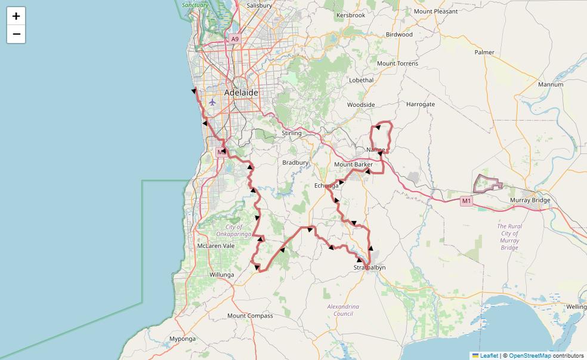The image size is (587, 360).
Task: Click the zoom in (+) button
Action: [16, 16]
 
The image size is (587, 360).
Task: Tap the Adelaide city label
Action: [242, 93]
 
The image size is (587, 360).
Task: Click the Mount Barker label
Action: [353, 164]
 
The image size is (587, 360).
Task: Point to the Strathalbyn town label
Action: [369, 267]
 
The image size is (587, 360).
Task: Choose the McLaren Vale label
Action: [216, 246]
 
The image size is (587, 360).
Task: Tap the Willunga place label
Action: [221, 275]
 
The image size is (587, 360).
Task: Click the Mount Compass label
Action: [250, 316]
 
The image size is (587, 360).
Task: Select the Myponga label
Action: [183, 339]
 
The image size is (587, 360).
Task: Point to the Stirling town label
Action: [292, 133]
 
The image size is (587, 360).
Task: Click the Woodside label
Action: [361, 104]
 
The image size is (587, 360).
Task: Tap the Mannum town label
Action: [550, 85]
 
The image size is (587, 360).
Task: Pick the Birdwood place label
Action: [399, 35]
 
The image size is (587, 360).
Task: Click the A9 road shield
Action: [234, 39]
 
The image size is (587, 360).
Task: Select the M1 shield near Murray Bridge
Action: [466, 201]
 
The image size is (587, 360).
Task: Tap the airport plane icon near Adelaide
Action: [212, 102]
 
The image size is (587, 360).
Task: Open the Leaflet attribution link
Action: [489, 356]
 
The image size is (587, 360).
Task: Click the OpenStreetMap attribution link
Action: [530, 356]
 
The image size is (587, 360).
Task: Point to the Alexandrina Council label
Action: [343, 310]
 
